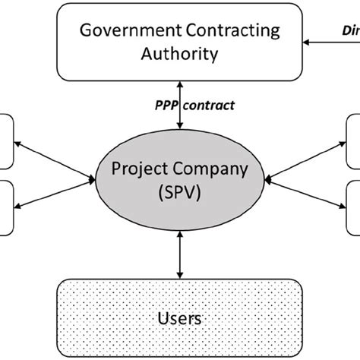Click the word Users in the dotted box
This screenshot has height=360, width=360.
[179, 318]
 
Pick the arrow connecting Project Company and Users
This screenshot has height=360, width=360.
[180, 255]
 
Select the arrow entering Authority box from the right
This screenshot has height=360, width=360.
[327, 41]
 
